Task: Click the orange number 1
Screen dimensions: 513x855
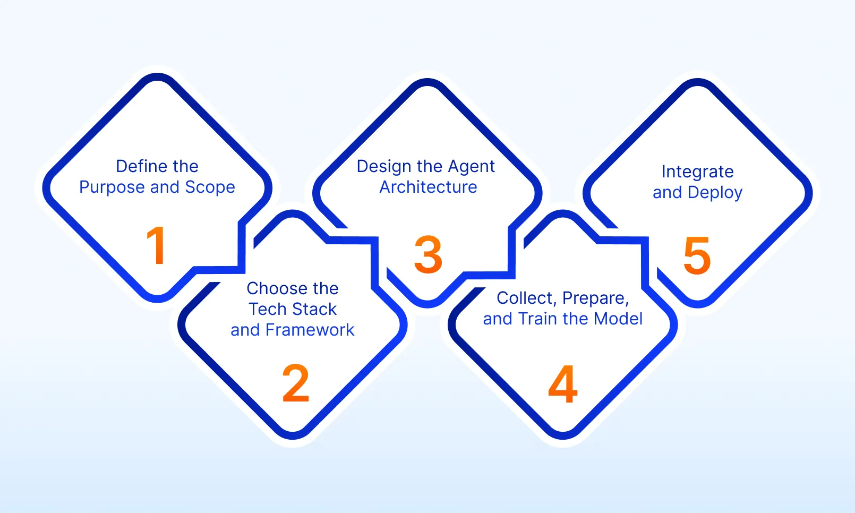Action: pyautogui.click(x=157, y=245)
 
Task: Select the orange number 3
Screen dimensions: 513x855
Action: pyautogui.click(x=428, y=255)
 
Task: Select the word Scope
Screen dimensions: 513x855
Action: pyautogui.click(x=210, y=187)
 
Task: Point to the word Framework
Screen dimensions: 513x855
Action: pyautogui.click(x=310, y=330)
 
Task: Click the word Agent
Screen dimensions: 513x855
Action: pyautogui.click(x=471, y=167)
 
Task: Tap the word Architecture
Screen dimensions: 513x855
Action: pyautogui.click(x=428, y=187)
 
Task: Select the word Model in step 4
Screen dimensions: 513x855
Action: pyautogui.click(x=618, y=319)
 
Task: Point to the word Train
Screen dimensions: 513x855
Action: pyautogui.click(x=538, y=319)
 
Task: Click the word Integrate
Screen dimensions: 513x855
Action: pyautogui.click(x=697, y=172)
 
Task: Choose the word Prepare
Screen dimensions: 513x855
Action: pyautogui.click(x=595, y=298)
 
